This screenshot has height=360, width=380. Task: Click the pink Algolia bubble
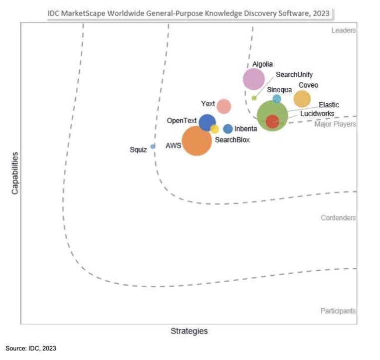pyautogui.click(x=253, y=79)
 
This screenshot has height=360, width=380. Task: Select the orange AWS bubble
pyautogui.click(x=197, y=142)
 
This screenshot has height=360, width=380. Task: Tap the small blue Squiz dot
pyautogui.click(x=153, y=147)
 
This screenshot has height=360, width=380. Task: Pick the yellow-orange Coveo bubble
pyautogui.click(x=302, y=99)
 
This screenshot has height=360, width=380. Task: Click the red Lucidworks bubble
pyautogui.click(x=272, y=121)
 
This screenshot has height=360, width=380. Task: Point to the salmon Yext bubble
pyautogui.click(x=224, y=106)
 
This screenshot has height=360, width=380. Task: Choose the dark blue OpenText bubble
pyautogui.click(x=206, y=122)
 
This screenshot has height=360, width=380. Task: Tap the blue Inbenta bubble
pyautogui.click(x=228, y=129)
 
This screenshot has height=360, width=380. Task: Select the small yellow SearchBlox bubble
pyautogui.click(x=214, y=129)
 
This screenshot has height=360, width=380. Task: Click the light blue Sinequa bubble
pyautogui.click(x=277, y=99)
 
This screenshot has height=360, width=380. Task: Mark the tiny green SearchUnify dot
pyautogui.click(x=254, y=98)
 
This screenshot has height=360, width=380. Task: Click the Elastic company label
pyautogui.click(x=329, y=105)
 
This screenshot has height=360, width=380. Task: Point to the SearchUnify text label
pyautogui.click(x=294, y=75)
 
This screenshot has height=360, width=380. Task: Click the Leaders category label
pyautogui.click(x=344, y=30)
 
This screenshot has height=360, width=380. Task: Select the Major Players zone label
pyautogui.click(x=335, y=124)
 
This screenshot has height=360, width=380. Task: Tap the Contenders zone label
pyautogui.click(x=338, y=218)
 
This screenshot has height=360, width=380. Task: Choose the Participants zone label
pyautogui.click(x=338, y=311)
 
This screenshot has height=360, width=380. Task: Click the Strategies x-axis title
pyautogui.click(x=189, y=331)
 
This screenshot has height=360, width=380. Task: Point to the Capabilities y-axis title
pyautogui.click(x=15, y=173)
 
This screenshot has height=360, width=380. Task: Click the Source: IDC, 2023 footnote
pyautogui.click(x=31, y=349)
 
